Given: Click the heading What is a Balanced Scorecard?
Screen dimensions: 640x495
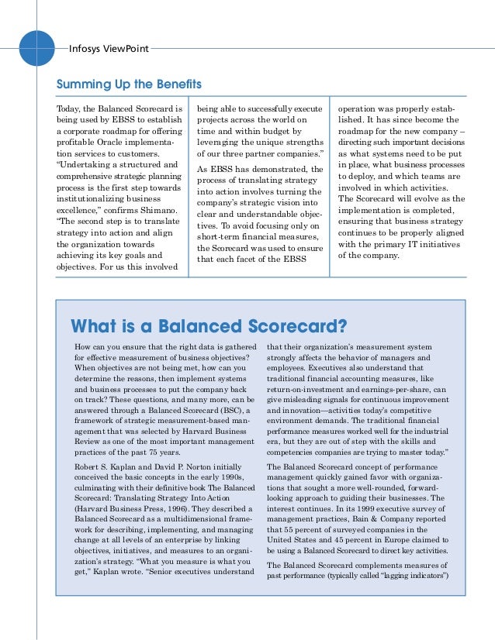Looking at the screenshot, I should (x=209, y=324).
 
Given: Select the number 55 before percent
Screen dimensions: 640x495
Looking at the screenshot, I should (x=290, y=528).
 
